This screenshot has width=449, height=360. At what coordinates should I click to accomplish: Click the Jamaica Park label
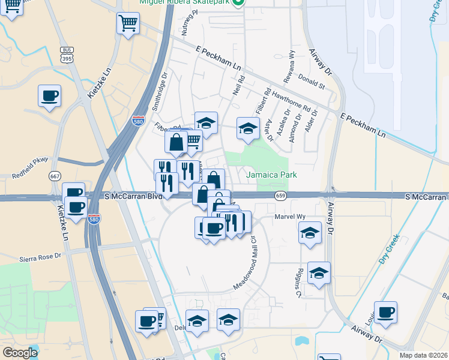273,175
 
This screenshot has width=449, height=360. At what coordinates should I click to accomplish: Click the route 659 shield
281,196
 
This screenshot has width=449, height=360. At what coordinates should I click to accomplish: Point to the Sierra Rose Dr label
41,256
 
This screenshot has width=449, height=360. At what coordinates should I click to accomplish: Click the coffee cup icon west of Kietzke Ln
49,95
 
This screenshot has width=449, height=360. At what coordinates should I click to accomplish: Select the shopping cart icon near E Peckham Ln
127,24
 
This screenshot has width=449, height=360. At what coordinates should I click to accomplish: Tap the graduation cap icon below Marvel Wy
310,233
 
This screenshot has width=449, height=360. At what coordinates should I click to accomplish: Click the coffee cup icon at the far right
385,312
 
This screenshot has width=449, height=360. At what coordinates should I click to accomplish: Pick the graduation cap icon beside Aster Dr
247,128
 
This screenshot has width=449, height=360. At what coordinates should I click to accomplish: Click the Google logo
20,353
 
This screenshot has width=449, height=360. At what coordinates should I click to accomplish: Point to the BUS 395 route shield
66,53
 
